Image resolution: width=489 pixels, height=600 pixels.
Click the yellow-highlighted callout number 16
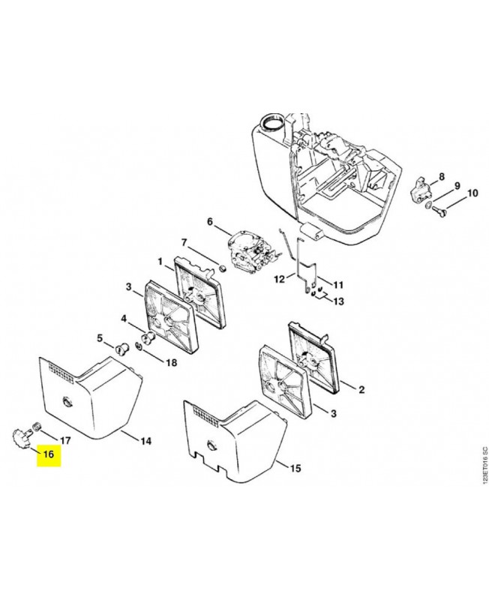click(49, 454)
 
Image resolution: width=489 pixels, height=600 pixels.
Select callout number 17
click(65, 440)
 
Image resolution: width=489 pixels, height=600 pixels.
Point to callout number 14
click(145, 441)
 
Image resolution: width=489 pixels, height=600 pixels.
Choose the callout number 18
click(172, 362)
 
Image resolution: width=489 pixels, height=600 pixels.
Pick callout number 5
click(100, 338)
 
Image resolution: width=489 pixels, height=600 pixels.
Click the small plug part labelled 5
click(121, 349)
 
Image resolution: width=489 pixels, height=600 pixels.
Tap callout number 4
click(124, 318)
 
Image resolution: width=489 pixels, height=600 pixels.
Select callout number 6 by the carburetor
click(210, 221)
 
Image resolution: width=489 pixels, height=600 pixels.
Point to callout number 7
click(184, 242)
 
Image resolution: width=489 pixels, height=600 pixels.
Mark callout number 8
click(442, 177)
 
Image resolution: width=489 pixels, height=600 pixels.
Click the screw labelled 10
click(439, 208)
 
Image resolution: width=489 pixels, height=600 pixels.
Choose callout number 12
click(279, 279)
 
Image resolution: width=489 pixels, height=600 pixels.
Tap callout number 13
click(338, 301)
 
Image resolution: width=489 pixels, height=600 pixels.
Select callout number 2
click(361, 389)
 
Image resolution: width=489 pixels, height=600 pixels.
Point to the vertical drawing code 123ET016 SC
click(484, 471)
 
